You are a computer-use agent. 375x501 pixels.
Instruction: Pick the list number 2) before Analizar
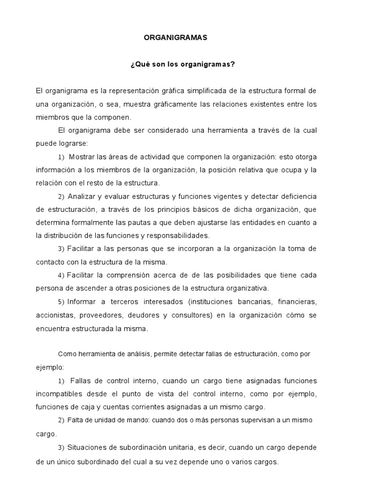coord(61,197)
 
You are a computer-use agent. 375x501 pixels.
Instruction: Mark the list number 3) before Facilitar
coord(61,249)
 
